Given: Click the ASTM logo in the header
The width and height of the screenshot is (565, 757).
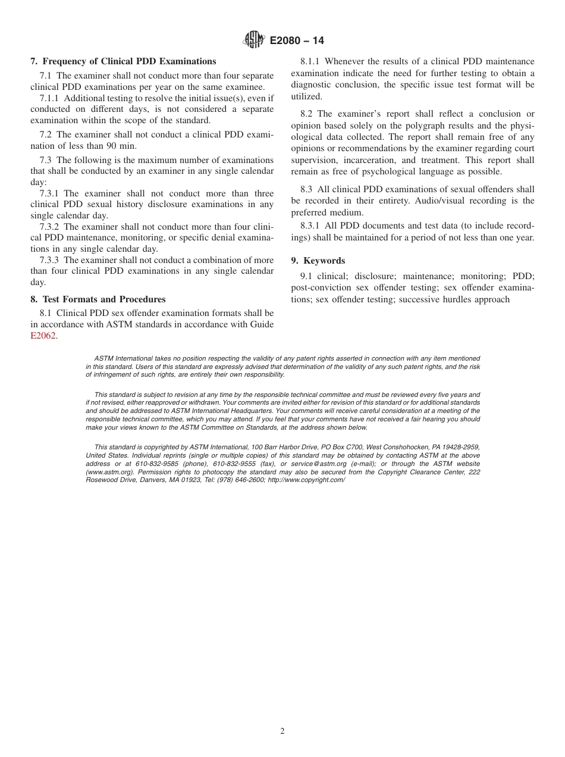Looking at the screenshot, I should pos(254,40).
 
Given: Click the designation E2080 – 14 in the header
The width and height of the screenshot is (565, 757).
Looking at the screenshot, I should pos(297,41).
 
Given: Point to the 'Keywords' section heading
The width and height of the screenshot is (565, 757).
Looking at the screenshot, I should pos(324,261).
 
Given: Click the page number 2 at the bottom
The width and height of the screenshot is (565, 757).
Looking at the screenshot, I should pos(282,731).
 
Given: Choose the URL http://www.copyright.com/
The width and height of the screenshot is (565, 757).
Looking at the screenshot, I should pos(306,480).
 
